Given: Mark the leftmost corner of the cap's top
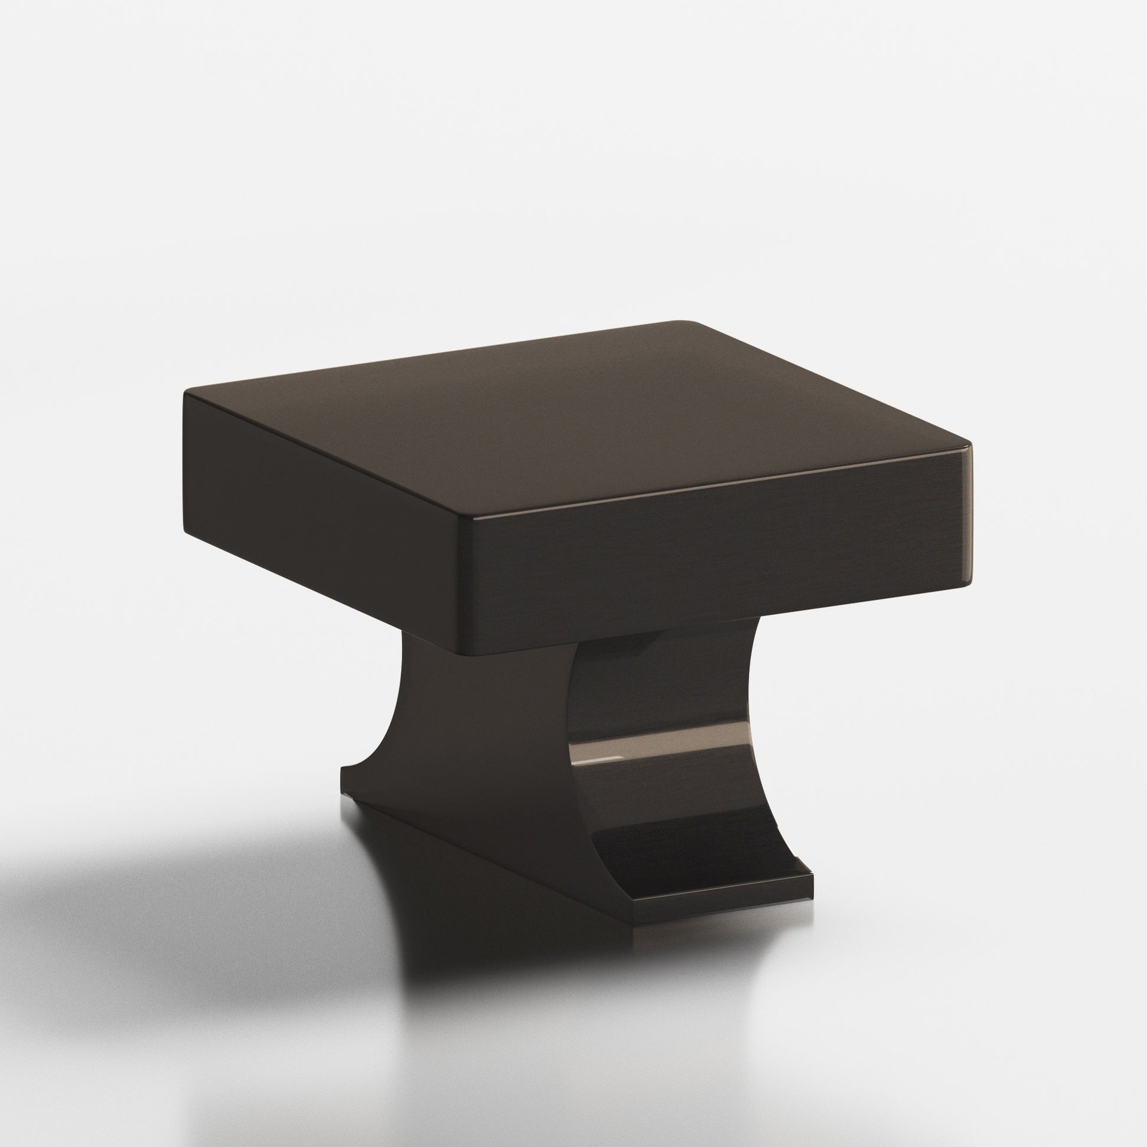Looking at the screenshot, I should point(185,393).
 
